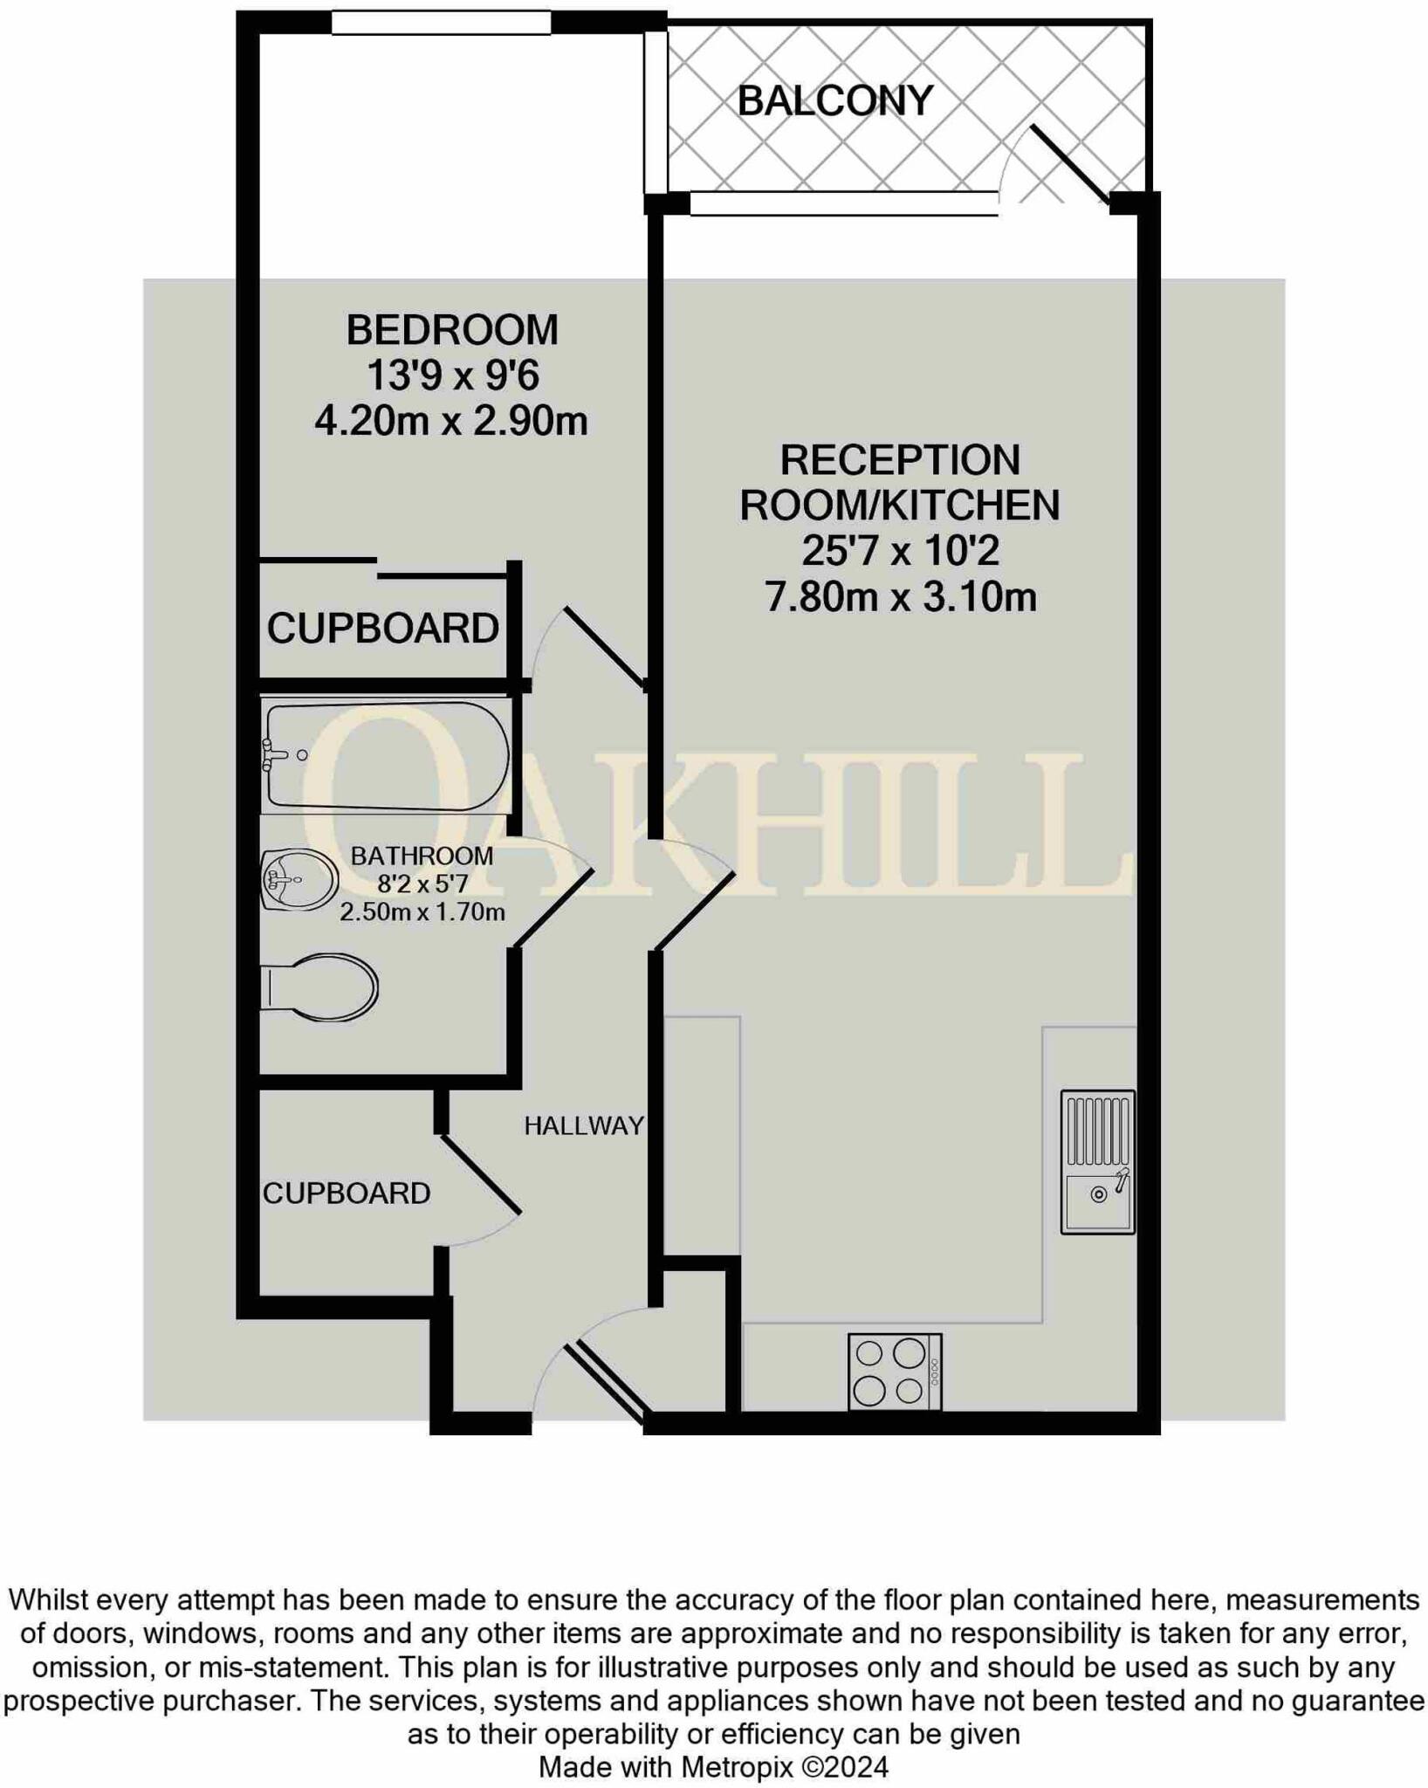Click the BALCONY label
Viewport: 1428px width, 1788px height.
coord(834,101)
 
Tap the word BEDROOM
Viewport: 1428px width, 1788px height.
coord(451,330)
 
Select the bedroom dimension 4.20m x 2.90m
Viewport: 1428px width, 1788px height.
coord(451,422)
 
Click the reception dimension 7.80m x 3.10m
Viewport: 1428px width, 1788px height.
coord(900,598)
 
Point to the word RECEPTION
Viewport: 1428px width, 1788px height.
coord(899,460)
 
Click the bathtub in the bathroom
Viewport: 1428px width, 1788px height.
coord(387,755)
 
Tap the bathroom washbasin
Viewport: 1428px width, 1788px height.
coord(299,880)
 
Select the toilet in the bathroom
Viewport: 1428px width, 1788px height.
coord(320,987)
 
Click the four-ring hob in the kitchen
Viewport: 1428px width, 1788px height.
coord(894,1371)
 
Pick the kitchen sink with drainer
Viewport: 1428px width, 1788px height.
coord(1097,1161)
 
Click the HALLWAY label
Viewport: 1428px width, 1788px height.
coord(583,1126)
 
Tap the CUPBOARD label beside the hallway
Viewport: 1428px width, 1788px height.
coord(347,1193)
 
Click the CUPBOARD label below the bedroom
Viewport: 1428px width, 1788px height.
coord(382,629)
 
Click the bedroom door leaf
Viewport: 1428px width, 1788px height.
coord(605,646)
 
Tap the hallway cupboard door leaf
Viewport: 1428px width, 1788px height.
coord(481,1174)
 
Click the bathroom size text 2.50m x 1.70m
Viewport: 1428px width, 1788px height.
coord(422,913)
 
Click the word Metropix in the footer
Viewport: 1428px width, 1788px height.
coord(738,1767)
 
